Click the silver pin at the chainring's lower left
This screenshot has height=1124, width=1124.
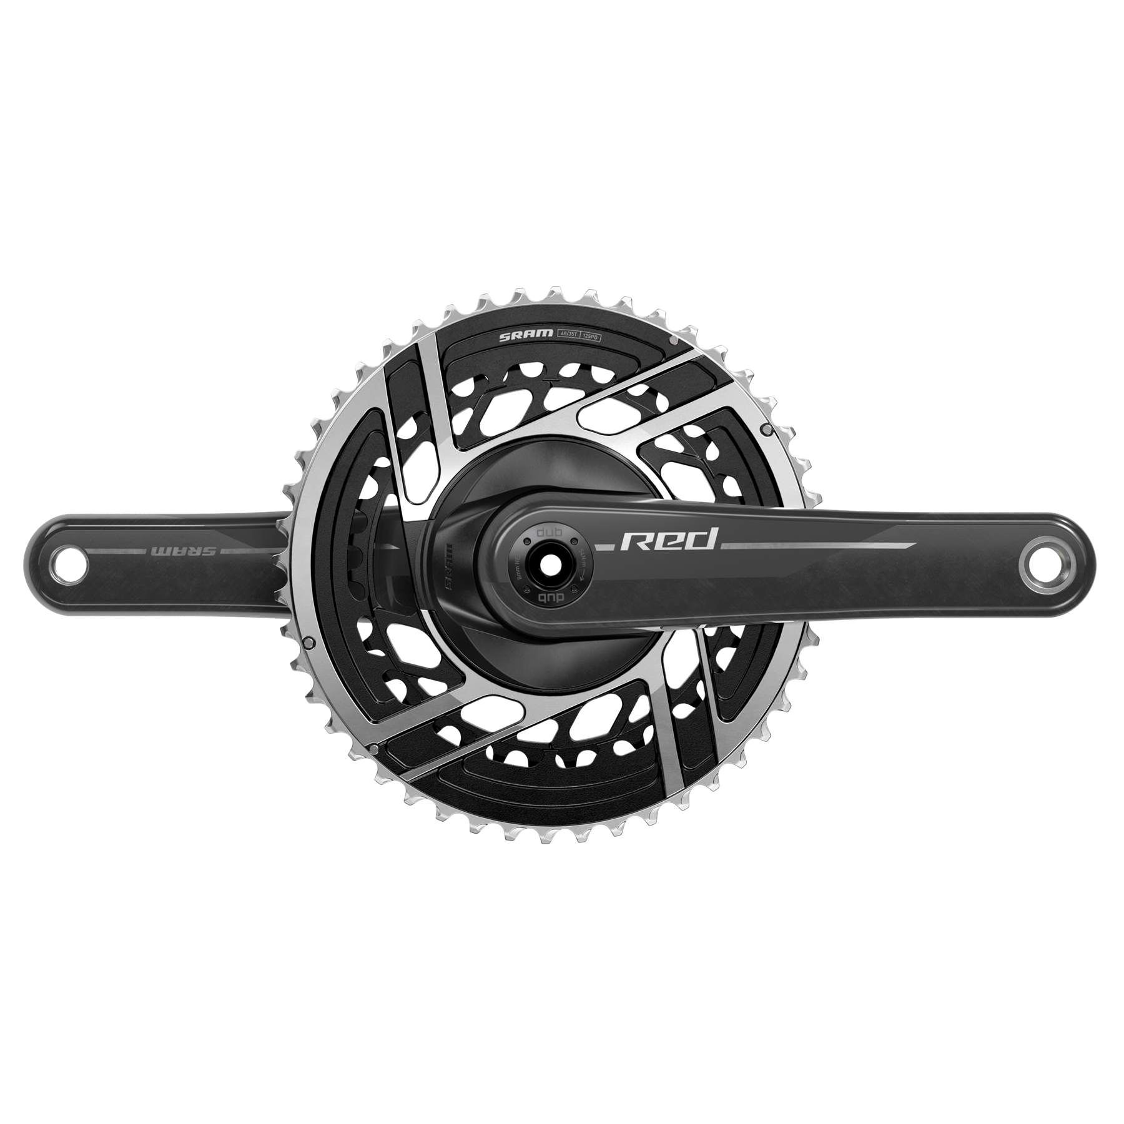point(373,747)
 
